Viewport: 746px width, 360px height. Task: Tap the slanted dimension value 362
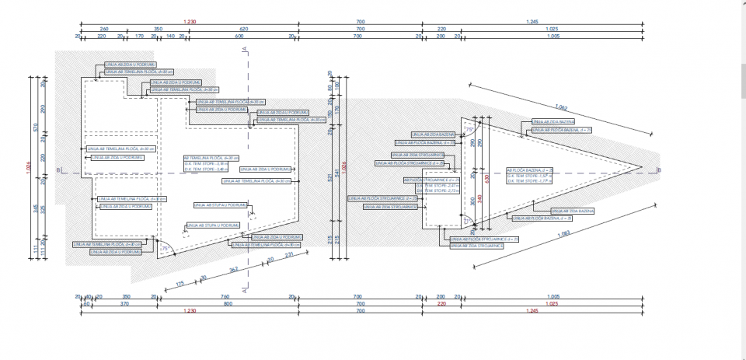coord(232,269)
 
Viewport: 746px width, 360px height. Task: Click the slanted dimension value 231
coord(290,255)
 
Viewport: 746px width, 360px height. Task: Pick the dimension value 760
coord(225,297)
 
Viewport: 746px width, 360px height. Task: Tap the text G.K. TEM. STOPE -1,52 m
coord(528,176)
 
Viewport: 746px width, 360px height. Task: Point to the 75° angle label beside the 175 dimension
coord(166,247)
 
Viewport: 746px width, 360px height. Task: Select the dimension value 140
coord(170,36)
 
